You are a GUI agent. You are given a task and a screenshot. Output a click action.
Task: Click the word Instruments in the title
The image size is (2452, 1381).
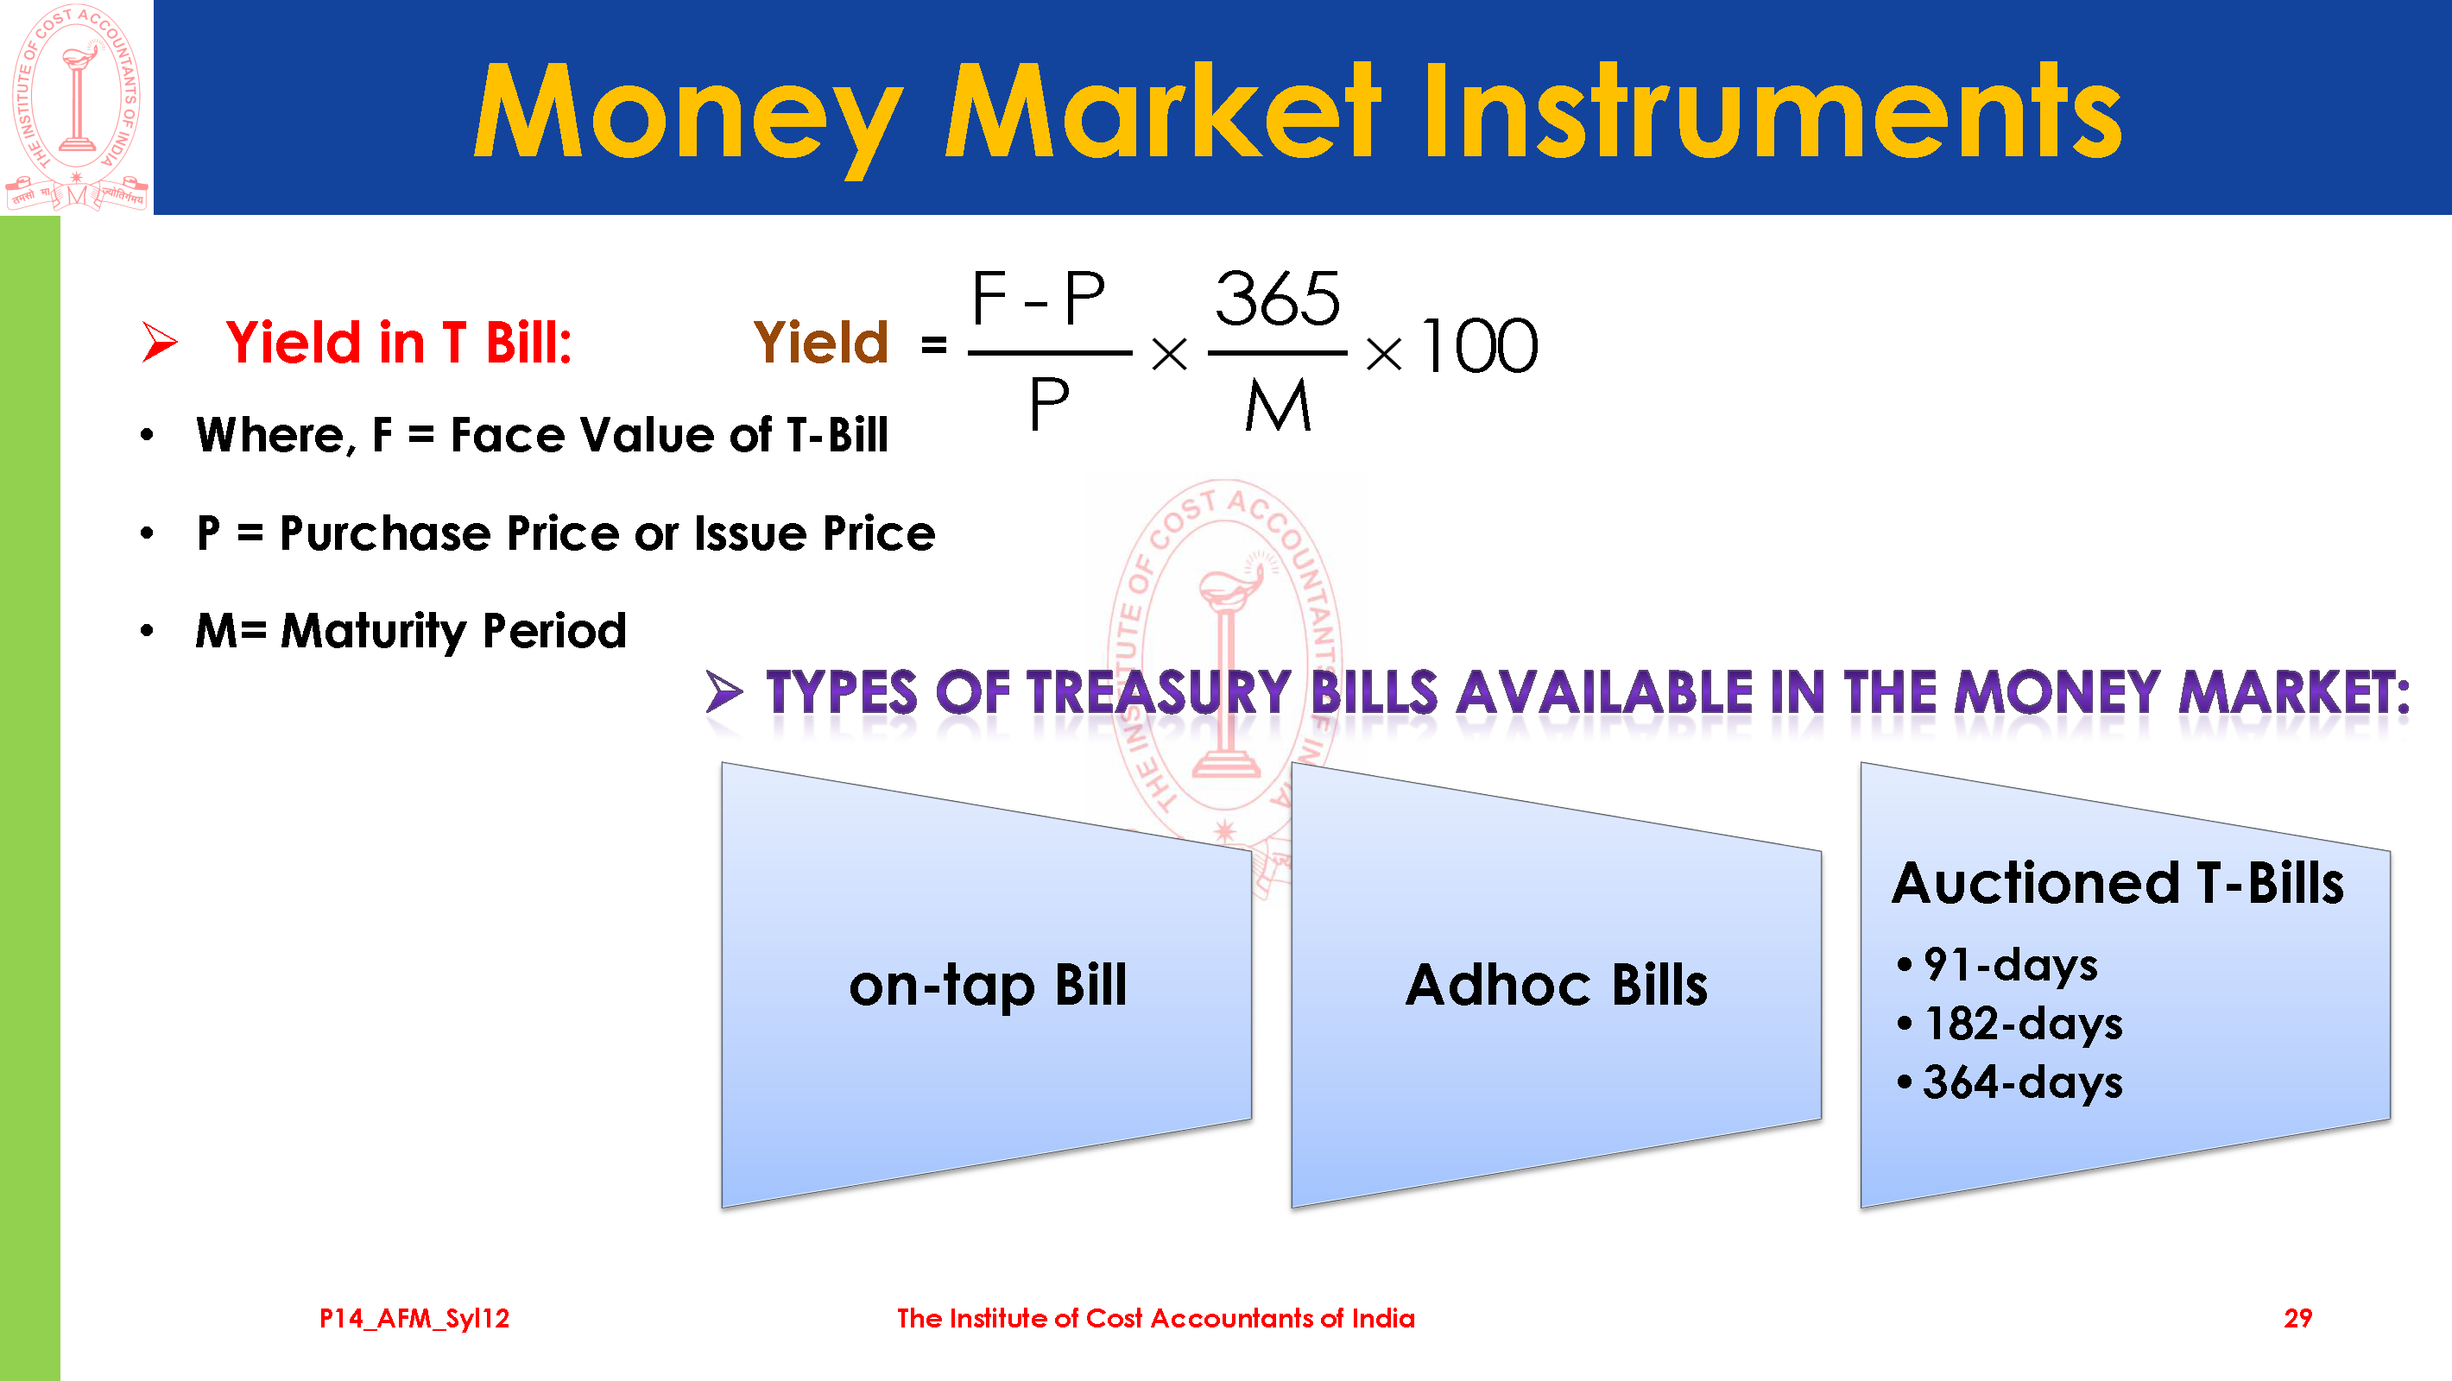[1772, 110]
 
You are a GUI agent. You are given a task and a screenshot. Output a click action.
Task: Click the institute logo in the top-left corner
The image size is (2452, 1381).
[76, 107]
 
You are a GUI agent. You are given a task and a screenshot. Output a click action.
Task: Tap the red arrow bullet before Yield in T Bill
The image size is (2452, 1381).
[160, 342]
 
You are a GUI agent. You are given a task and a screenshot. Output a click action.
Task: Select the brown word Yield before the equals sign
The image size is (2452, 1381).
[820, 343]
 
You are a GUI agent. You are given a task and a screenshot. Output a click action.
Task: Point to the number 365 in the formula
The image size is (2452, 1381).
[1278, 299]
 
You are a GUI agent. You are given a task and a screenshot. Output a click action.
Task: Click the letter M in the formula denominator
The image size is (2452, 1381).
[1278, 406]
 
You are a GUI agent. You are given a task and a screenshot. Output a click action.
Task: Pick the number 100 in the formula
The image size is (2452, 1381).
[1479, 346]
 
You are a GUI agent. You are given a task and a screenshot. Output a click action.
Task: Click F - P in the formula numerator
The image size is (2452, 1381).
[1039, 299]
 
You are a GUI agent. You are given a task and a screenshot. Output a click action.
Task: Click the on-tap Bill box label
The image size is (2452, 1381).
[987, 986]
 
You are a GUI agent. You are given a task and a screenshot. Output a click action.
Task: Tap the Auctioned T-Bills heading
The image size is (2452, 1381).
[2117, 883]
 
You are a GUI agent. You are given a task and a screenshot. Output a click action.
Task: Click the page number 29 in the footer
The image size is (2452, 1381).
[2297, 1318]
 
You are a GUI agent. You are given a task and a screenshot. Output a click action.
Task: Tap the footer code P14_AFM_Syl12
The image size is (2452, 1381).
[414, 1319]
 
